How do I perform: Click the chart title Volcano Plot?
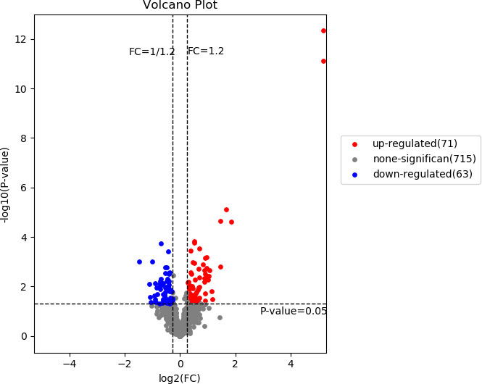coord(180,6)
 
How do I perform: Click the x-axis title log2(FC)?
coord(180,377)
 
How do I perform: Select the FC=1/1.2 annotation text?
coord(151,51)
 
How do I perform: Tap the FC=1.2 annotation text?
coord(206,51)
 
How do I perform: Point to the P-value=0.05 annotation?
coord(294,311)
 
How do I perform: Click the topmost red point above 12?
coord(323,30)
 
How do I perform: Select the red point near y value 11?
coord(323,61)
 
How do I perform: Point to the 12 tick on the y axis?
coord(22,39)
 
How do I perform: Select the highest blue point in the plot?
coord(161,243)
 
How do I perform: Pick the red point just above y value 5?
coord(226,209)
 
